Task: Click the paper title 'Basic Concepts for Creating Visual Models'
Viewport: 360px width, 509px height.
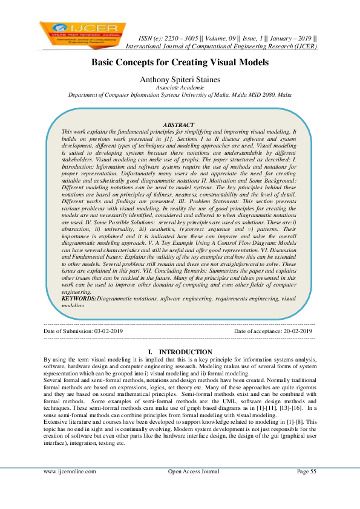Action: [x=180, y=63]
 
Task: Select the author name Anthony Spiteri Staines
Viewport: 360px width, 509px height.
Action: [x=180, y=79]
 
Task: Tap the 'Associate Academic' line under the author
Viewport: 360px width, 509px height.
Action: [x=180, y=88]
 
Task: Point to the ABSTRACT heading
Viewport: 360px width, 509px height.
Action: [x=180, y=124]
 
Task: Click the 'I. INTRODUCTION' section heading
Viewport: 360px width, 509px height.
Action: [x=180, y=352]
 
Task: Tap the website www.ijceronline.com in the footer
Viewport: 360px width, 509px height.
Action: [x=70, y=471]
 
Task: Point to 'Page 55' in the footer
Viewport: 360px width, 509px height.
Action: [x=306, y=471]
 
